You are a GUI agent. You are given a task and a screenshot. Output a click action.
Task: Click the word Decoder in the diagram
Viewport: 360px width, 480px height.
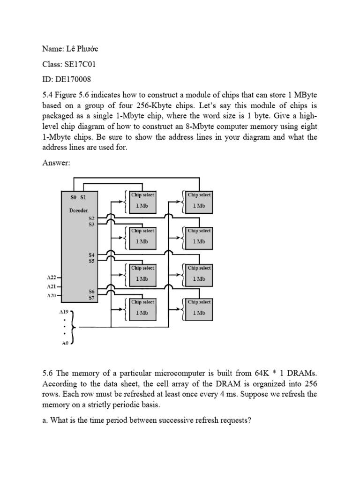(x=79, y=210)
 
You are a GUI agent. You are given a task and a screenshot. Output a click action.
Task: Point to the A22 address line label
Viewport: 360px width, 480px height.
(x=52, y=277)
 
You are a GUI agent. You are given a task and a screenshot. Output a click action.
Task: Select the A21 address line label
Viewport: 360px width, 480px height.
(x=52, y=286)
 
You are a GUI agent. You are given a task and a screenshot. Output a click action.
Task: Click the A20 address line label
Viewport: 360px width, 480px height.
(x=52, y=295)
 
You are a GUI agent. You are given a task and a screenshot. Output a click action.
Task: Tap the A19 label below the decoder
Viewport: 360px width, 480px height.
(x=64, y=311)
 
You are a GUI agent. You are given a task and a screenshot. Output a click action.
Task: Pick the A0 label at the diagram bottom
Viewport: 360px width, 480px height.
(x=65, y=343)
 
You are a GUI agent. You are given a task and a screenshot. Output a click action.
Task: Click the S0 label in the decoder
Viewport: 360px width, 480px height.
(x=73, y=198)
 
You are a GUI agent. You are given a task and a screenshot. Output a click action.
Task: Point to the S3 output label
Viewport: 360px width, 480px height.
(x=91, y=225)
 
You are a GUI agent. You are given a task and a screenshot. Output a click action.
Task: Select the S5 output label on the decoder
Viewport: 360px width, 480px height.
(x=91, y=261)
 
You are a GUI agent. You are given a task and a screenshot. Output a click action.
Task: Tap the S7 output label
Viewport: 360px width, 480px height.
(x=91, y=297)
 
